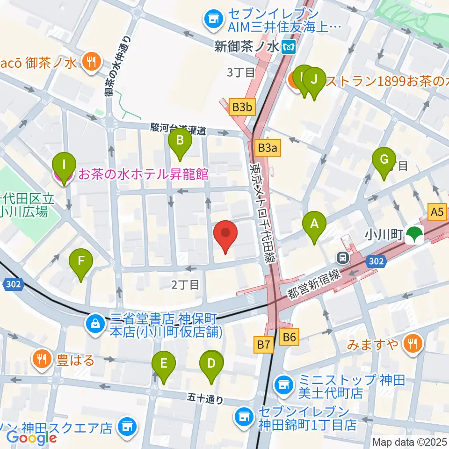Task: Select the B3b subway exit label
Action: click(x=242, y=108)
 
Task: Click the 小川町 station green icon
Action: click(x=413, y=235)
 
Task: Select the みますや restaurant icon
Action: click(x=413, y=345)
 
